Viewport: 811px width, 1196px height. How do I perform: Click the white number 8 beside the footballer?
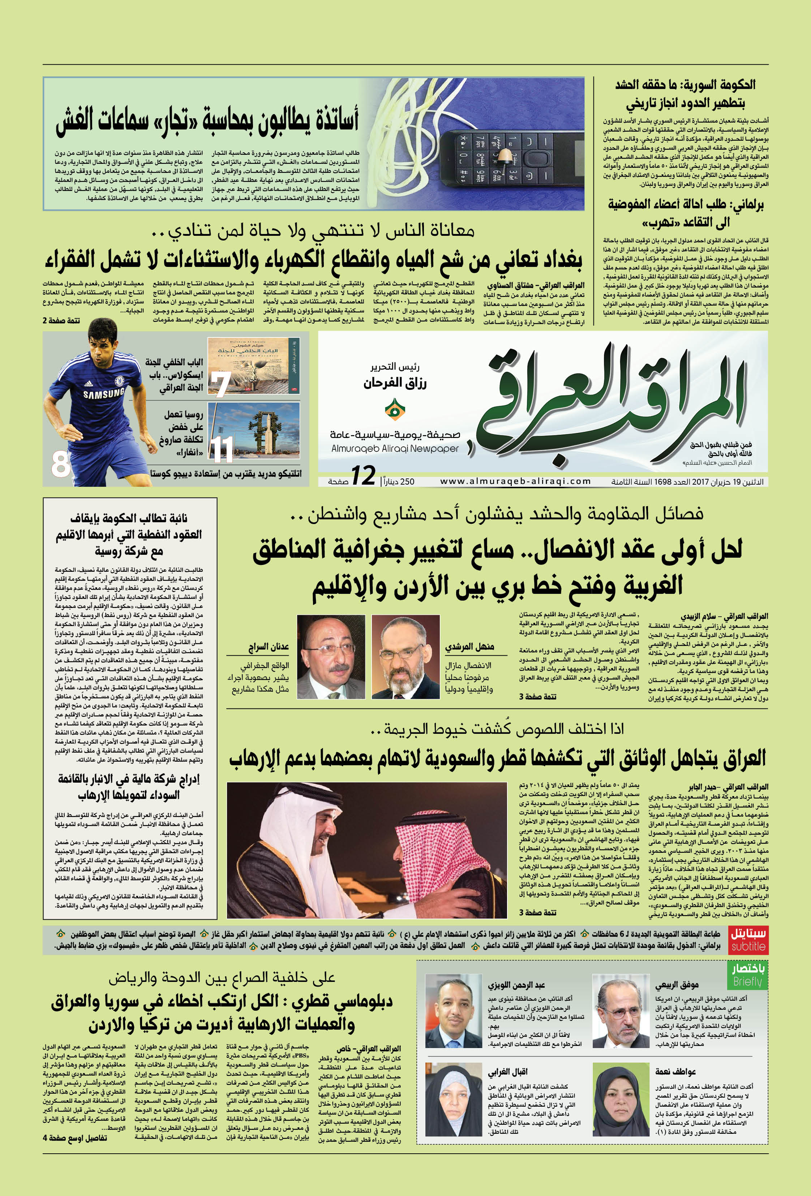[x=60, y=464]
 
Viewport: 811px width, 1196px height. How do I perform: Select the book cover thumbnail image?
[x=254, y=365]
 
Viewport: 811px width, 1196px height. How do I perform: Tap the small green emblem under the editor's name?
[x=394, y=409]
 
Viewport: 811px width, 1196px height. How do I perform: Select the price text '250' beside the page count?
[x=407, y=482]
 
